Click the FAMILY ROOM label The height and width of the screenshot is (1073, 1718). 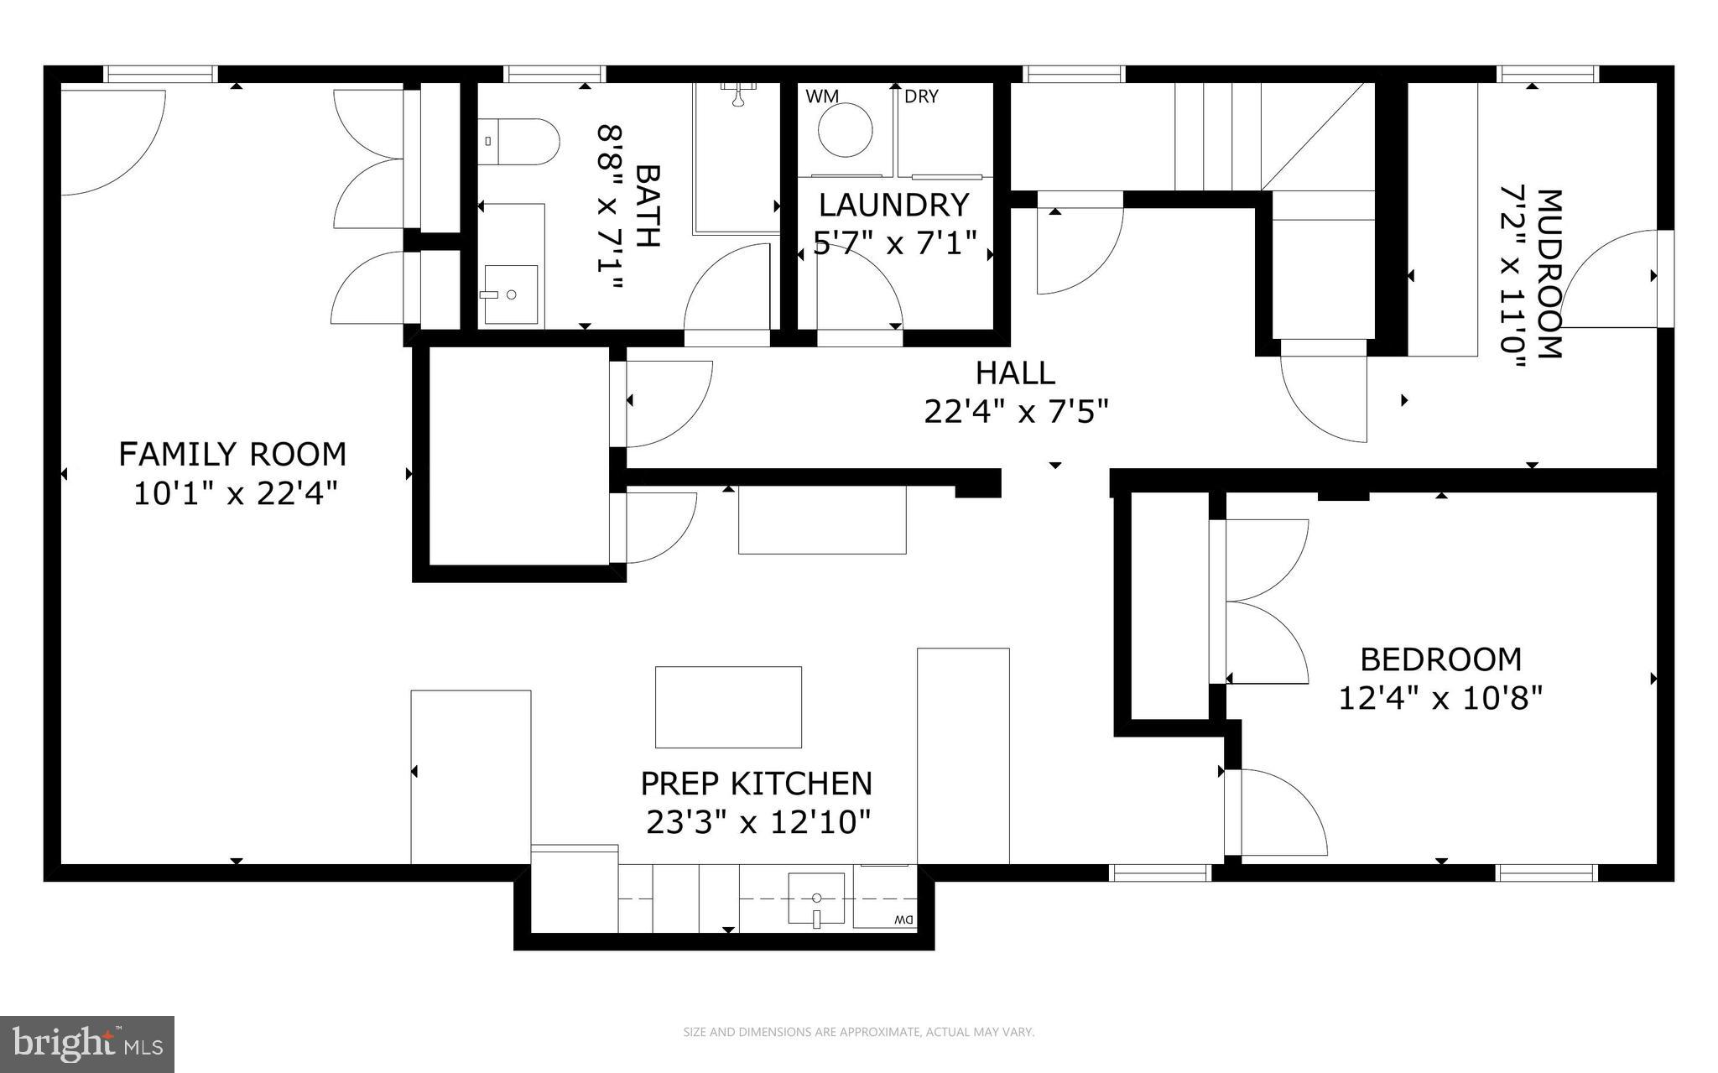tap(232, 455)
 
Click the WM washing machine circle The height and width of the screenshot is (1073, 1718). tap(846, 130)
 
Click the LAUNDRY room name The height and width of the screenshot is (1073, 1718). tap(894, 206)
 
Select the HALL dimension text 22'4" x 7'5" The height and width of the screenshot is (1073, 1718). tap(1016, 412)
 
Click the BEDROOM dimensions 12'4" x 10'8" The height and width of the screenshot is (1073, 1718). tap(1440, 698)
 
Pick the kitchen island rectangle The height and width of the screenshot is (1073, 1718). tap(728, 706)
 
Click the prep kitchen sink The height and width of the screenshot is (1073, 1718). tap(815, 899)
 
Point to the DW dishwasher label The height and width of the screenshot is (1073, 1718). tap(903, 920)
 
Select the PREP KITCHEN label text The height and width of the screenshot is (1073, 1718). tap(757, 784)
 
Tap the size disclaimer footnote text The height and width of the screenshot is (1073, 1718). tap(859, 1033)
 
